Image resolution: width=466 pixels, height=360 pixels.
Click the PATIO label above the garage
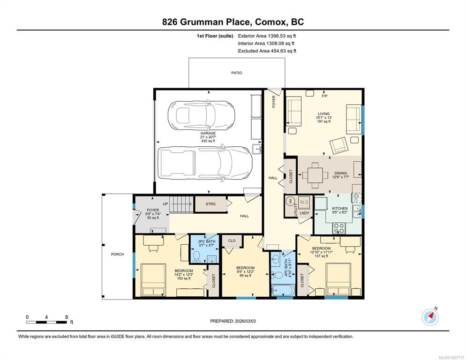point(237,73)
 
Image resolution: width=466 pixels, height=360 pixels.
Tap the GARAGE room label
point(208,133)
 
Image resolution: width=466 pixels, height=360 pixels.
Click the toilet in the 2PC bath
point(196,256)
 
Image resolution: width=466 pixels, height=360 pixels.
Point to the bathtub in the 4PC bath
point(283,291)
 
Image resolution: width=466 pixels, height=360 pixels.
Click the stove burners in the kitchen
point(339,228)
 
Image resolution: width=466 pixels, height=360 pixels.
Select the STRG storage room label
point(210,204)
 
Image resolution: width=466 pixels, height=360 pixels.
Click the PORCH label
point(117,254)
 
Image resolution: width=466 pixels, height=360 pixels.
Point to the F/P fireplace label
point(324,96)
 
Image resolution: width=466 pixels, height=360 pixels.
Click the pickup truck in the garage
point(205,163)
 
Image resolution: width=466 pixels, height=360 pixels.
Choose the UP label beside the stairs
point(165,204)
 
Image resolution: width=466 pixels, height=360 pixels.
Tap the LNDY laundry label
point(304,213)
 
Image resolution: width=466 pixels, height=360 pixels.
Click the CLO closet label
point(232,240)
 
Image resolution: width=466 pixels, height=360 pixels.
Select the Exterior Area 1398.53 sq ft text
point(267,36)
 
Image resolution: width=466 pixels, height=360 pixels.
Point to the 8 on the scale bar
point(66,317)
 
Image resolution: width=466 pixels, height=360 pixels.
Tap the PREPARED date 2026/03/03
point(245,321)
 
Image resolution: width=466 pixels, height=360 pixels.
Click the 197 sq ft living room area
point(323,121)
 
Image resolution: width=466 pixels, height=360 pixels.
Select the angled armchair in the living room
point(338,146)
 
